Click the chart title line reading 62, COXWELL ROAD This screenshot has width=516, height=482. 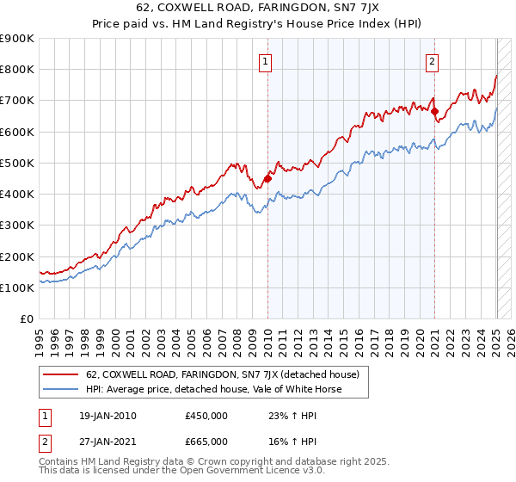coord(257,9)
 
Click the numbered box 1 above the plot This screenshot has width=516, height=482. coord(267,61)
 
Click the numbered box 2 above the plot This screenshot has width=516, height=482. coord(431,61)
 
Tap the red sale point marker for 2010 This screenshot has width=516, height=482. coord(267,178)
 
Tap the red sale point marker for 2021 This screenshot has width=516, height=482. coord(434,111)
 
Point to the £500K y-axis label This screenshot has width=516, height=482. coord(17,163)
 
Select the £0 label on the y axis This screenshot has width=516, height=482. coord(26,318)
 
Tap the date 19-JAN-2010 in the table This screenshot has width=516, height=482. coord(105,416)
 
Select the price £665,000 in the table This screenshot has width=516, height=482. coord(206,441)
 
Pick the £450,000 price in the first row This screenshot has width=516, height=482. coord(206,416)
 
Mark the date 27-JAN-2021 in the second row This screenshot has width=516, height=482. coord(105,441)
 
